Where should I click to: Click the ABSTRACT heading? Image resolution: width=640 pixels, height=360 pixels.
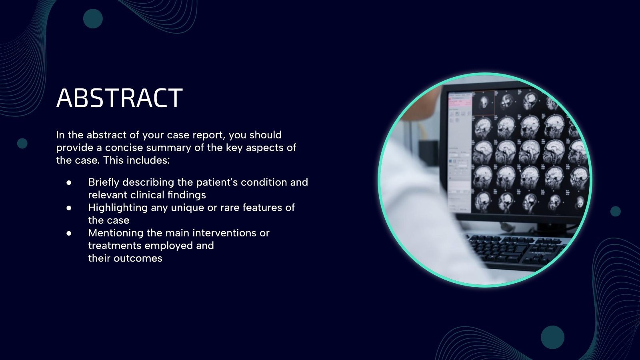[119, 98]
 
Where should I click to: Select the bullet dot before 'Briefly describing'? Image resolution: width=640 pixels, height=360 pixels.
[69, 182]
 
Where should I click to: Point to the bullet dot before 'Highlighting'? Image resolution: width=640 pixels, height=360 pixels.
[69, 208]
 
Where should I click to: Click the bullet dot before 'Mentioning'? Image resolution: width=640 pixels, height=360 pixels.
[69, 233]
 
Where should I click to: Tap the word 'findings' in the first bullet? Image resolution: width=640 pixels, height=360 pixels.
[187, 195]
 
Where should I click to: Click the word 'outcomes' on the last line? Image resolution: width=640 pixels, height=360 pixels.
[138, 258]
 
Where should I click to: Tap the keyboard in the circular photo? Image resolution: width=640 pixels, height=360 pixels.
[516, 250]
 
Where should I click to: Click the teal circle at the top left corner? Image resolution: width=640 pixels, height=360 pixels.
[93, 18]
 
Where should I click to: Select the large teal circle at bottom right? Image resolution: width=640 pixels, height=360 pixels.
[552, 337]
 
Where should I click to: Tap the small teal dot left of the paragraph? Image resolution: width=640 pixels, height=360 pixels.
[22, 143]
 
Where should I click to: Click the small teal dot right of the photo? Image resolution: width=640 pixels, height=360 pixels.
[615, 211]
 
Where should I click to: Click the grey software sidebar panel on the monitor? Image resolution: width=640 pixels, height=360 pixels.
[459, 152]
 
